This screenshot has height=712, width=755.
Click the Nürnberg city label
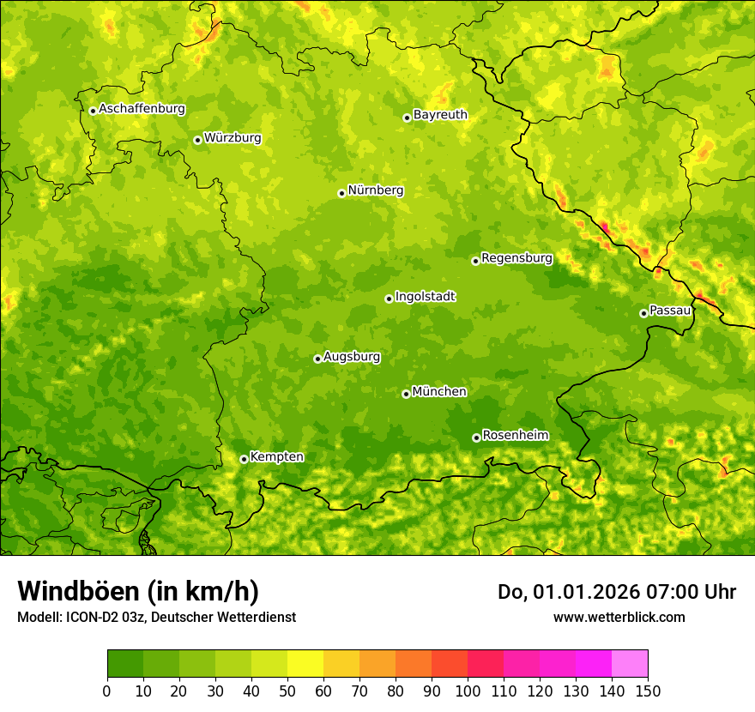coord(375,190)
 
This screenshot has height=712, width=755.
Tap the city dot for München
coord(406,394)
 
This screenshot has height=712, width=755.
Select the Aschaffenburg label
coord(142,109)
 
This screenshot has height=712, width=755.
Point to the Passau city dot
coord(643,313)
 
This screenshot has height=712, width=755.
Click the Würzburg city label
coord(233,138)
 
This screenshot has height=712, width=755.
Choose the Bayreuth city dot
coord(407,118)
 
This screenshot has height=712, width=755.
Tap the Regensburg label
coord(516,258)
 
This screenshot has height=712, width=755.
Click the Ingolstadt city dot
coord(389,299)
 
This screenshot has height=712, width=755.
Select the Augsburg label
coord(352,357)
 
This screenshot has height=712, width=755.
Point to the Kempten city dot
coord(244,459)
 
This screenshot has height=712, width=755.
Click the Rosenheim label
coord(515,436)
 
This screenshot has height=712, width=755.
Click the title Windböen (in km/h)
coord(137,592)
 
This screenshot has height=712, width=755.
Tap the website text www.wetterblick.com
coord(619,617)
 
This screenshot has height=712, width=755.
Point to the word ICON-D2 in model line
coord(94,617)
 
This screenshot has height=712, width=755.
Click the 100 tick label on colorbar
coord(468,691)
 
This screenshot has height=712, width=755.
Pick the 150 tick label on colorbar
coord(648,691)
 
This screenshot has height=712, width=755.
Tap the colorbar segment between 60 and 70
coord(341,664)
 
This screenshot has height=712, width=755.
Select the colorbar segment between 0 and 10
coord(125,664)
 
